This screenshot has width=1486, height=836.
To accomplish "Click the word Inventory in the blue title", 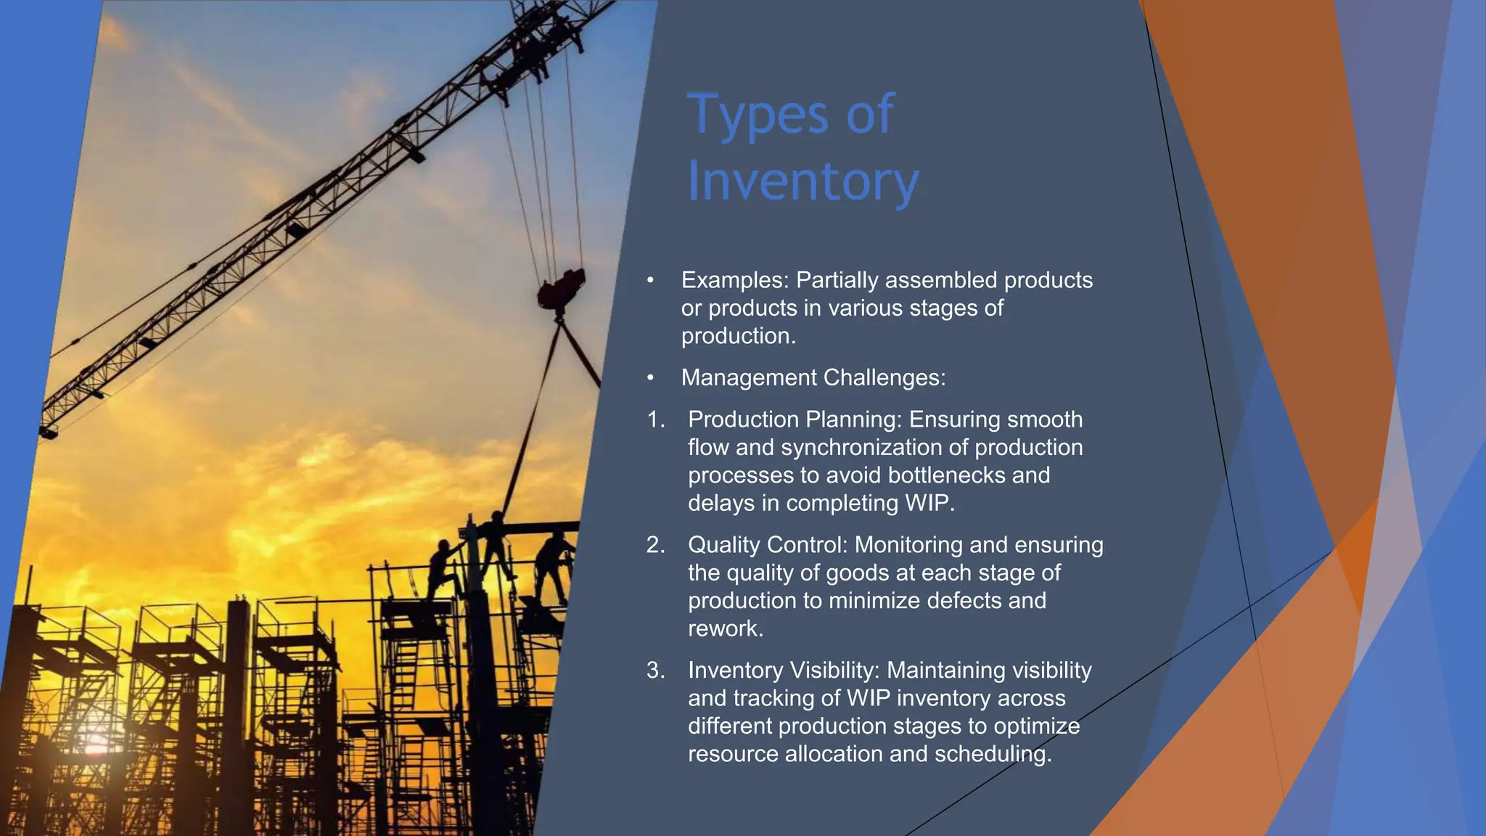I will pyautogui.click(x=802, y=181).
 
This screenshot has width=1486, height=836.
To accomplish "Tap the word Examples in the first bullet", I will pyautogui.click(x=734, y=280).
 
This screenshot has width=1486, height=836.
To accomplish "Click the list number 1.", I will pyautogui.click(x=654, y=419).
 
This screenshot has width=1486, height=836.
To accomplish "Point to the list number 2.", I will pyautogui.click(x=654, y=545).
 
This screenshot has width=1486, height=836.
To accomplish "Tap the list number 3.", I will pyautogui.click(x=654, y=671).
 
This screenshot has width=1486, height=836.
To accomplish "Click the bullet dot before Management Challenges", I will pyautogui.click(x=651, y=378).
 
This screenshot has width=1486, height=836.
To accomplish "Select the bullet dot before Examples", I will pyautogui.click(x=651, y=280).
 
